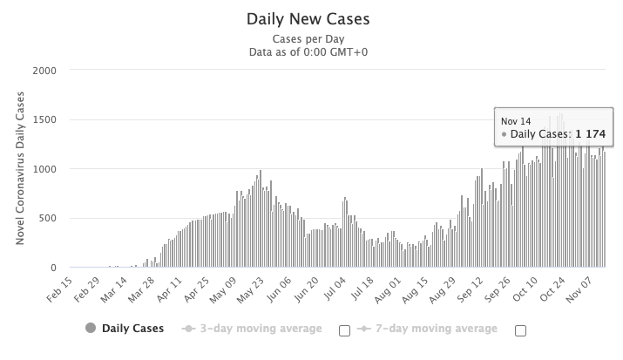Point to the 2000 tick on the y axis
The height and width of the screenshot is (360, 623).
[x=45, y=71]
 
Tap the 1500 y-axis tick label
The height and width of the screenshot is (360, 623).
[x=45, y=119]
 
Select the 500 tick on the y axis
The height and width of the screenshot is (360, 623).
[x=49, y=219]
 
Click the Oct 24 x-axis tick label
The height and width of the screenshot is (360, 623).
[x=552, y=287]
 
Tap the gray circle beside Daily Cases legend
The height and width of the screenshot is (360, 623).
[x=91, y=329]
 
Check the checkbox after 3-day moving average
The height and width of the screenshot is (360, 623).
[x=344, y=329]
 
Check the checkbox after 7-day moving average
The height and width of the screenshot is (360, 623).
[x=521, y=329]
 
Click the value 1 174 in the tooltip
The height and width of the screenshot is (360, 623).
[x=588, y=135]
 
